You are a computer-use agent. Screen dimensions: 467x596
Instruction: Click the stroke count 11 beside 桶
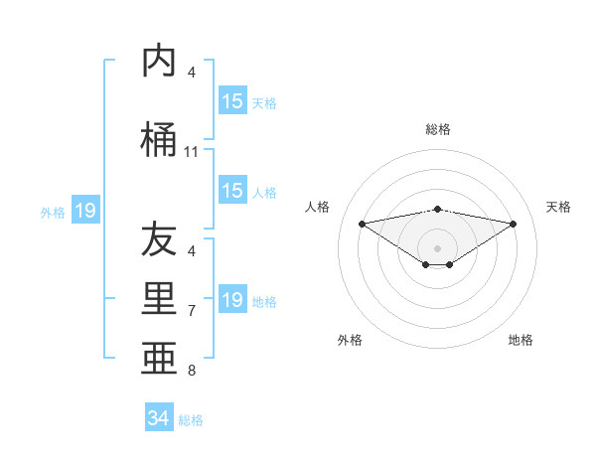pyautogui.click(x=191, y=152)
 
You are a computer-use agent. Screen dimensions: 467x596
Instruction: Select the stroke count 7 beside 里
pyautogui.click(x=192, y=311)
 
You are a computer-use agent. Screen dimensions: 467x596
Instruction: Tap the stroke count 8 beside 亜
pyautogui.click(x=192, y=371)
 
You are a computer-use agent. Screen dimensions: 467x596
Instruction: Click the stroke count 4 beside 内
pyautogui.click(x=192, y=73)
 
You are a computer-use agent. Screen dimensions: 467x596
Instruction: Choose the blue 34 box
pyautogui.click(x=158, y=418)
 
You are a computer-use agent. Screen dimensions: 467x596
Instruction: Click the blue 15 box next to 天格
pyautogui.click(x=232, y=101)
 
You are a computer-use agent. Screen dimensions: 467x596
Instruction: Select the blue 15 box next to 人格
pyautogui.click(x=232, y=191)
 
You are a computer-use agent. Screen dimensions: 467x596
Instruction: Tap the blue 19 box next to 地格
pyautogui.click(x=232, y=300)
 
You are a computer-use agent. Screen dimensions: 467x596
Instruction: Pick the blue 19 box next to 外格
pyautogui.click(x=84, y=211)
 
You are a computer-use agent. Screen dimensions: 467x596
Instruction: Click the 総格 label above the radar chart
pyautogui.click(x=438, y=129)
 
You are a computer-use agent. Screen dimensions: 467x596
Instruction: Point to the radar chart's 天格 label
pyautogui.click(x=559, y=207)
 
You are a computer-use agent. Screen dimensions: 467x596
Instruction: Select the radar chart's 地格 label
pyautogui.click(x=521, y=340)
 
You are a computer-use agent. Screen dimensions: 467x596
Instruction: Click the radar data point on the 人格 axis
pyautogui.click(x=362, y=223)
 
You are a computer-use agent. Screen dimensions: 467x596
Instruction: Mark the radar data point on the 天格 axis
pyautogui.click(x=514, y=223)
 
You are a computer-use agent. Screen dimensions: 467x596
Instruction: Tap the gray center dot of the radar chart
pyautogui.click(x=438, y=247)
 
